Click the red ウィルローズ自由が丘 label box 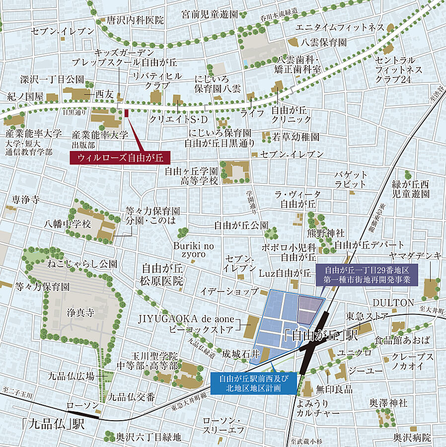click(x=120, y=158)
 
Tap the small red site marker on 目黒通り click(x=127, y=113)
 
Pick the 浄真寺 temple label click(x=80, y=313)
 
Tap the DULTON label click(x=393, y=302)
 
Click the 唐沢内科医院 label click(x=135, y=20)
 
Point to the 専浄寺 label click(x=25, y=200)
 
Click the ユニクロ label click(x=355, y=352)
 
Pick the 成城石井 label click(x=241, y=354)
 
